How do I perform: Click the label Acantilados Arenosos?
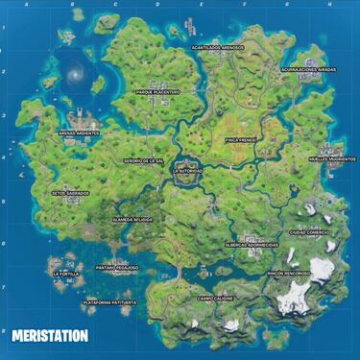point(217,46)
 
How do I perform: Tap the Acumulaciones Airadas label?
point(308,69)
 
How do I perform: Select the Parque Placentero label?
point(158,92)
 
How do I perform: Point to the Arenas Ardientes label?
point(79,133)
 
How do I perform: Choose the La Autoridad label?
point(188,170)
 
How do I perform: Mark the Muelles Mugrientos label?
point(332,158)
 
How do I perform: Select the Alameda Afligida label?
point(132,220)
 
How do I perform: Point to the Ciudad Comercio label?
point(309,231)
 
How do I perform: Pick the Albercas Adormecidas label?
point(252,245)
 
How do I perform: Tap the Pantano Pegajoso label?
point(117,268)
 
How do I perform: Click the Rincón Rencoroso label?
point(289,273)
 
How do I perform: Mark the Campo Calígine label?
point(215,298)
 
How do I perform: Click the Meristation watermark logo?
point(50,336)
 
